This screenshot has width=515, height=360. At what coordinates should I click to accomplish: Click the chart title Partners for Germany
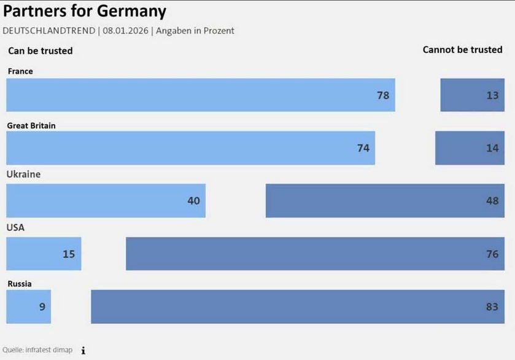tap(85, 11)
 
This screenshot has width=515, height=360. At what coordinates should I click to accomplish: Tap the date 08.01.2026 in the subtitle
tap(125, 31)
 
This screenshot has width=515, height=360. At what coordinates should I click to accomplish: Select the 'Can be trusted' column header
tap(40, 51)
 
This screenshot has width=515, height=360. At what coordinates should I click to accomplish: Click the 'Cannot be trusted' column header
tap(462, 50)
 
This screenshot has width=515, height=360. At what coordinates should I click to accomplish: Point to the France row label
tap(20, 71)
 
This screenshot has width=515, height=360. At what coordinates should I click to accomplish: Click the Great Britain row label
tap(31, 125)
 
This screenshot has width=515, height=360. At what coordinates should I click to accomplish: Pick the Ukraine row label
tap(23, 174)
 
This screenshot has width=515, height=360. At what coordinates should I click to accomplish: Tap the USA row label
tap(15, 227)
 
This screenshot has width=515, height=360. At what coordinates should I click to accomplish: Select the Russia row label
tap(20, 284)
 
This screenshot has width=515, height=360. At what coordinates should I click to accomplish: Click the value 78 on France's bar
tap(383, 95)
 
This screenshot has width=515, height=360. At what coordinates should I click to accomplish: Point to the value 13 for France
tap(492, 95)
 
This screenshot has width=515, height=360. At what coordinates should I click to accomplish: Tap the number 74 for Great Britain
tap(363, 148)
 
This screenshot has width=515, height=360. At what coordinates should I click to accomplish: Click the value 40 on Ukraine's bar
tap(193, 200)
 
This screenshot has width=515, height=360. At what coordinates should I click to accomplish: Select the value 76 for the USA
tap(492, 254)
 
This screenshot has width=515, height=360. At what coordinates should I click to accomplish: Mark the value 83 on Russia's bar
tap(492, 307)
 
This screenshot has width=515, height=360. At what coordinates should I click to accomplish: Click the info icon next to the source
tap(83, 350)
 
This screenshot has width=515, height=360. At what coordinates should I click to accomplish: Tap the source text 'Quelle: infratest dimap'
tap(37, 350)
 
